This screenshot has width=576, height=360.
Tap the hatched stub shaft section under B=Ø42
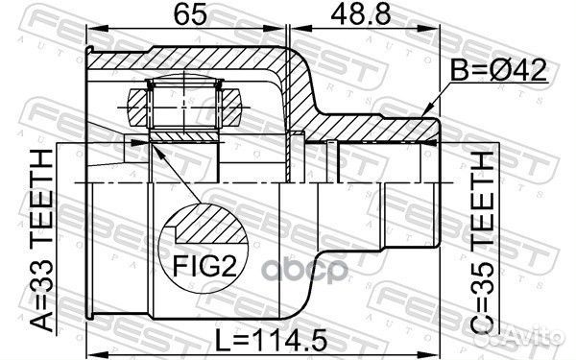click(384, 124)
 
